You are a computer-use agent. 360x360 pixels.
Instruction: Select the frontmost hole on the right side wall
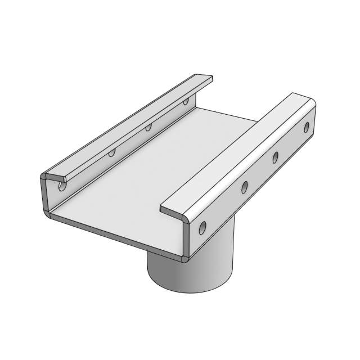point(202,227)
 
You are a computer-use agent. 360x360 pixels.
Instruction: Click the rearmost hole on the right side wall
point(307,128)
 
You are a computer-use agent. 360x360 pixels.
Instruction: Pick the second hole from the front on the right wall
point(245,187)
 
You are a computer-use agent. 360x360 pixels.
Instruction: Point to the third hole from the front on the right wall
point(276,157)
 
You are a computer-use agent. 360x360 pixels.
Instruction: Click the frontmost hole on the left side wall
point(62,183)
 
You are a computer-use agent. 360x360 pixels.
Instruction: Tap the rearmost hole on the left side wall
point(186,102)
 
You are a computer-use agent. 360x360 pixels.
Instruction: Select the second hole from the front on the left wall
point(112,151)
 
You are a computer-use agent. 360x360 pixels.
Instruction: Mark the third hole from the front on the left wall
point(148,128)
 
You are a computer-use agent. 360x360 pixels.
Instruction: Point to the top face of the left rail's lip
point(129,124)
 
